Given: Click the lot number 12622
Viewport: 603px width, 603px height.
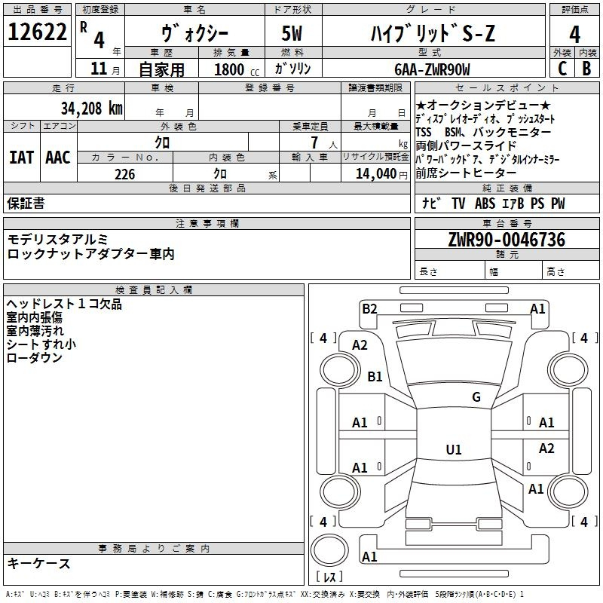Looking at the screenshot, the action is (x=37, y=32).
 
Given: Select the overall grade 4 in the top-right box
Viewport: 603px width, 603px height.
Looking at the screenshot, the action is (x=574, y=34).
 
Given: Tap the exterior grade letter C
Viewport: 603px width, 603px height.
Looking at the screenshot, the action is (x=562, y=69).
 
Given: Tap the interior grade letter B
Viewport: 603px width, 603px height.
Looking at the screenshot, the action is (x=586, y=69).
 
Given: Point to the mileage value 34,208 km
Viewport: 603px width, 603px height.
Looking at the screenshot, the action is (x=91, y=108).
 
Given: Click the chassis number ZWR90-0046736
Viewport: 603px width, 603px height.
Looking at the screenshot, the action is (x=507, y=240).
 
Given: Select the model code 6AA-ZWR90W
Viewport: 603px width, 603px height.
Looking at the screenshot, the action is (x=432, y=69).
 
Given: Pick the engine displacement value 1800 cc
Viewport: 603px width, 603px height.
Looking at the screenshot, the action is (x=237, y=69).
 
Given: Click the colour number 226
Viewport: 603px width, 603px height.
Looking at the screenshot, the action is (x=125, y=174).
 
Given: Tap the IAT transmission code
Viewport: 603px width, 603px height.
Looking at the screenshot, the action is (x=21, y=158).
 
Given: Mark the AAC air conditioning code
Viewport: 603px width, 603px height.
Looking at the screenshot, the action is (x=58, y=158).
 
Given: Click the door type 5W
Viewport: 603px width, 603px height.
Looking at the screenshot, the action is (x=292, y=33).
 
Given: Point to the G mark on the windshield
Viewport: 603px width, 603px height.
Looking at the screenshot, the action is (x=476, y=397).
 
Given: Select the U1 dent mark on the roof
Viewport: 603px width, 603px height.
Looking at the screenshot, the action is (x=454, y=449).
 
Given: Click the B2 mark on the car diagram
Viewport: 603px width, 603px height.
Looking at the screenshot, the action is (x=369, y=309).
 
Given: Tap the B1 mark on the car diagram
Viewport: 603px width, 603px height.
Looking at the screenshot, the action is (x=375, y=376).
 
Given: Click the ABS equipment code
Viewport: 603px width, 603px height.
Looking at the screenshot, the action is (x=485, y=204).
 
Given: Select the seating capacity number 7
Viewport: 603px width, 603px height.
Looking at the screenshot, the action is (x=314, y=142).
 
